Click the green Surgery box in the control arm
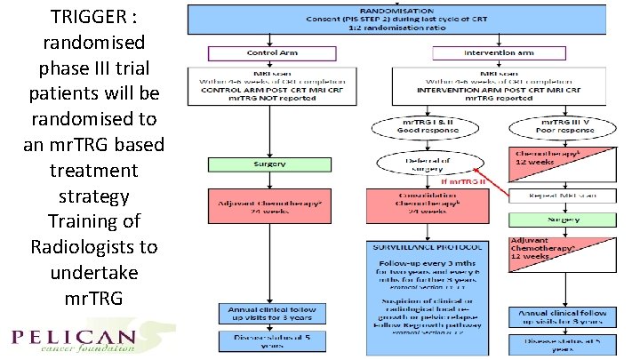point(258,164)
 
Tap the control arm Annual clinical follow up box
point(258,313)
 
